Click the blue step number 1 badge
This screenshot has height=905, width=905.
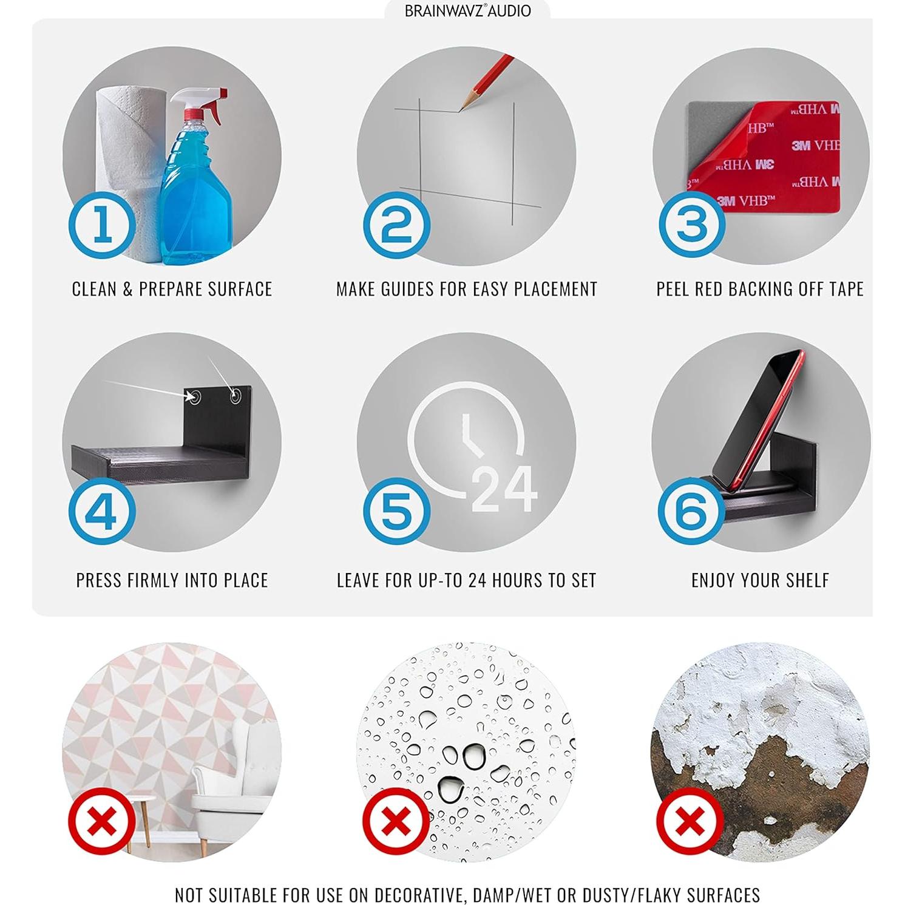102,225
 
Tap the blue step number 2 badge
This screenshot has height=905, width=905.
396,225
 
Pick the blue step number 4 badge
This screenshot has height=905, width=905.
101,510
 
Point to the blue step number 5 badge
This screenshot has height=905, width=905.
396,510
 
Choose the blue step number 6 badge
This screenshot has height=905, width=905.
691,510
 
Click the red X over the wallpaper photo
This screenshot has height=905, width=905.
102,821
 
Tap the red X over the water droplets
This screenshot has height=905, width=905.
396,821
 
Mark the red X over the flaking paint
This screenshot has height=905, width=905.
691,821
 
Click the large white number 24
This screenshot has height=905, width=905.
504,489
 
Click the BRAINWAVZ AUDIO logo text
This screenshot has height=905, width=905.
467,11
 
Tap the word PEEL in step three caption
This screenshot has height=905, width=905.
673,289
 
